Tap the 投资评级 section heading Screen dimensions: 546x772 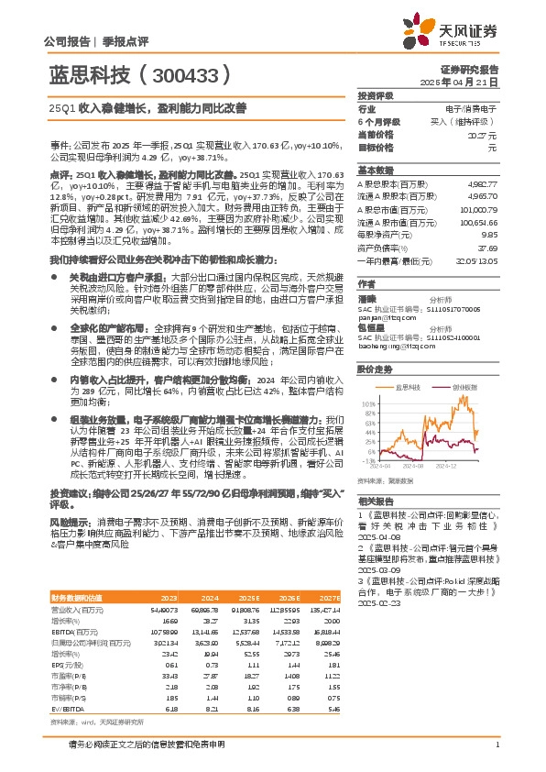(x=376, y=95)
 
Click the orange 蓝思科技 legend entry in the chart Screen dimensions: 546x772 (x=406, y=388)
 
